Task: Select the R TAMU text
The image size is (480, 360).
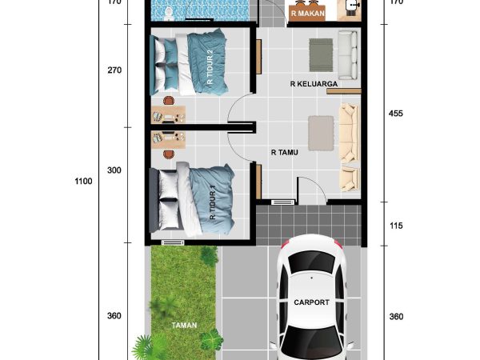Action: pos(284,151)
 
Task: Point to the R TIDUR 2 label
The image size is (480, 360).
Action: pos(210,67)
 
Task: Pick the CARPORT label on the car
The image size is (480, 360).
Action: pos(310,303)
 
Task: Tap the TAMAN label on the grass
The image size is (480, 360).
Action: pos(184,326)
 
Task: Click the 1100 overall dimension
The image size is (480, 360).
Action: pos(83,181)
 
